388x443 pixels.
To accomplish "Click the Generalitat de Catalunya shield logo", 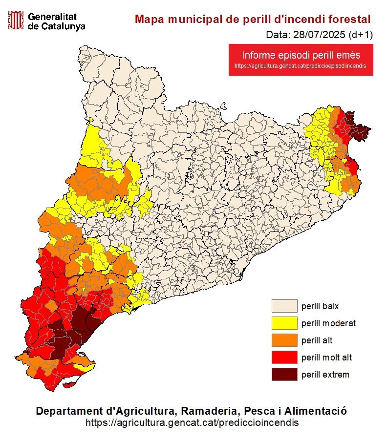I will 16,21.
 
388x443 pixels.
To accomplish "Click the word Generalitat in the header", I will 52,16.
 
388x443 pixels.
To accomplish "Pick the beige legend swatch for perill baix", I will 284,306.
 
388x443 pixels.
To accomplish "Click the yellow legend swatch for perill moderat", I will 284,323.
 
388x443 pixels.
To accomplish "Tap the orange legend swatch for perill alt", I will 284,340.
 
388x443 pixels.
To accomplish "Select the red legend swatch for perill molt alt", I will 284,357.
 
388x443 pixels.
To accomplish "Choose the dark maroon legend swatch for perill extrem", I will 284,374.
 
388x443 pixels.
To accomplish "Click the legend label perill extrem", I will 325,375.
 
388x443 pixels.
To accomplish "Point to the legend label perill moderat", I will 328,323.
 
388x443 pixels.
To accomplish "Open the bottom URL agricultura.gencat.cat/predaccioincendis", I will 192,422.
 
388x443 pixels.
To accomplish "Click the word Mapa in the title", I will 149,19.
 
